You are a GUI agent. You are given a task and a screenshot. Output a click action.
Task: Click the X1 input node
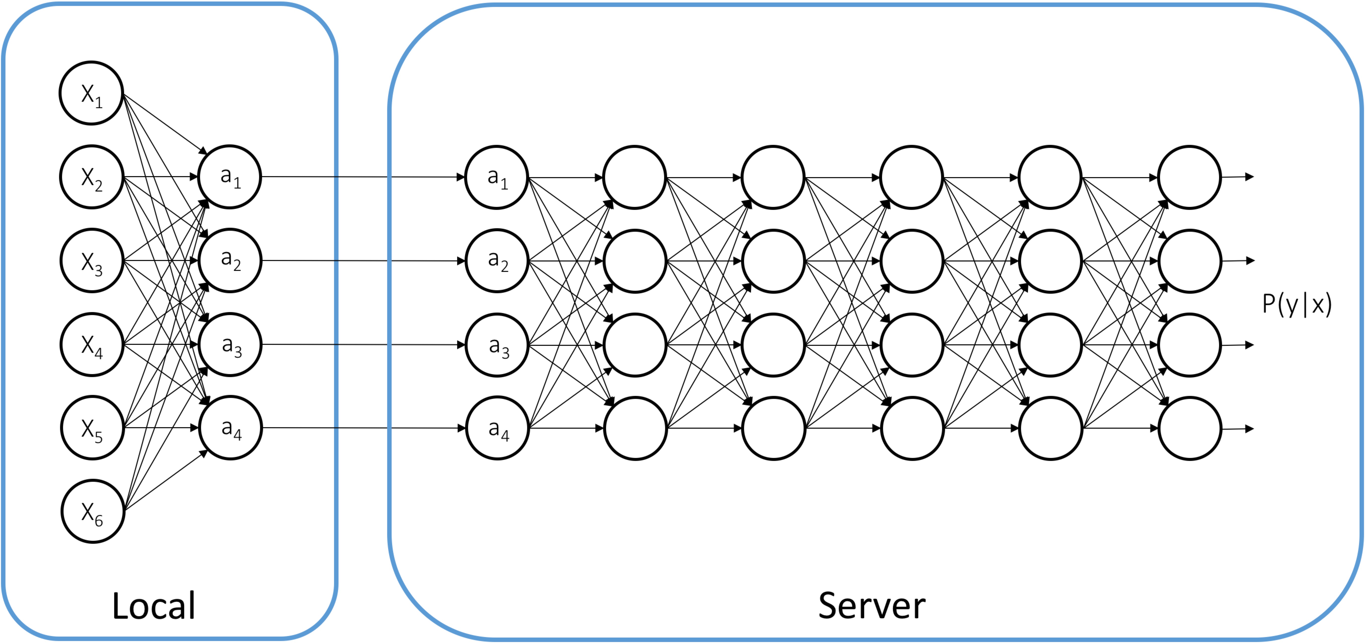(x=91, y=93)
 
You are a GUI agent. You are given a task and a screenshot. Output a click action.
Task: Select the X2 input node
(x=92, y=177)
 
